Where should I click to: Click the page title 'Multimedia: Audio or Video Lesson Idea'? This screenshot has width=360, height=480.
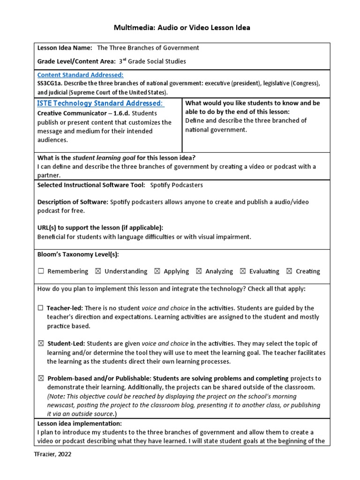(x=182, y=28)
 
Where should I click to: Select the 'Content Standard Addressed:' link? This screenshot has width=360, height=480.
(x=80, y=75)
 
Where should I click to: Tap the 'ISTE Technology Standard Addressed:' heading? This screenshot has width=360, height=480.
(x=100, y=103)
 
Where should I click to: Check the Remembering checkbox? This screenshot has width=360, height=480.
(x=41, y=271)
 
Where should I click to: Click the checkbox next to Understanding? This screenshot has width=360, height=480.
(x=97, y=271)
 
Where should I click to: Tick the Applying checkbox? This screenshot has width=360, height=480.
(x=157, y=271)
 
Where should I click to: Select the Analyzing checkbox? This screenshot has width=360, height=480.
(x=199, y=271)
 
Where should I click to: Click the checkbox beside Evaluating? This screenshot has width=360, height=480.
(x=243, y=271)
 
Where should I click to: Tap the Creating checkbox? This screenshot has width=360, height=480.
(x=289, y=271)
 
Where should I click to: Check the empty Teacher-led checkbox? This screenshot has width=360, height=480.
(x=41, y=308)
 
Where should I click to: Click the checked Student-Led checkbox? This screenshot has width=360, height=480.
(x=41, y=344)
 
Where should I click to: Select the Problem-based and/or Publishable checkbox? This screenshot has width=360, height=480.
(x=41, y=379)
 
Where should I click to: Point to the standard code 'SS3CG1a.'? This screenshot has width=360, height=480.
(x=51, y=83)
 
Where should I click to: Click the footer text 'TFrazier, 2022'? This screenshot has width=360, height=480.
(x=53, y=454)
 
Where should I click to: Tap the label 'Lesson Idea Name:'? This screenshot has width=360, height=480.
(x=65, y=48)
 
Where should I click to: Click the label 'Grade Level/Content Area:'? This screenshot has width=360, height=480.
(x=76, y=61)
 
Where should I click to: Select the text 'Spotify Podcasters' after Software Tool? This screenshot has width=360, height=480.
(x=176, y=185)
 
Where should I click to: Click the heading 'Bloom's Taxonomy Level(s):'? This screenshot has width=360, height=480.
(x=78, y=255)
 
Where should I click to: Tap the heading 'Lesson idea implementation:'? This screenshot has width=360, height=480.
(x=79, y=423)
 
